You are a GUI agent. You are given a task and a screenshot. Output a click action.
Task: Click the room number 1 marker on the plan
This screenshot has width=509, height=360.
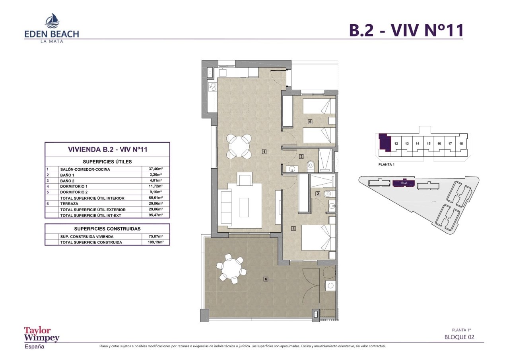[x=264, y=151]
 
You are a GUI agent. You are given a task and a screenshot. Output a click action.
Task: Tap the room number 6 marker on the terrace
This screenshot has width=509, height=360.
[x=266, y=279]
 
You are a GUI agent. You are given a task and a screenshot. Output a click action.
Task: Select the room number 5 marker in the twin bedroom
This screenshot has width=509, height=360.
[x=309, y=122]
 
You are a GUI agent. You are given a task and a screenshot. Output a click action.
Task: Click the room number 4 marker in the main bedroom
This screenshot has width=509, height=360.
[x=293, y=228]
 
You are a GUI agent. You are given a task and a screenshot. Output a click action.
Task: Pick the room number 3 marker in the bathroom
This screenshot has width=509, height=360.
[x=301, y=156]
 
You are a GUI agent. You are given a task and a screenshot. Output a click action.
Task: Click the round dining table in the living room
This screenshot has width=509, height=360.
[x=239, y=146]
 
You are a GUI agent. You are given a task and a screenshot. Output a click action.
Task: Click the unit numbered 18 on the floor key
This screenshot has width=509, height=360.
[x=460, y=144]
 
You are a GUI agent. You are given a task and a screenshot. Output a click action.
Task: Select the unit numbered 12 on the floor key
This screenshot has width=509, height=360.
[x=396, y=144]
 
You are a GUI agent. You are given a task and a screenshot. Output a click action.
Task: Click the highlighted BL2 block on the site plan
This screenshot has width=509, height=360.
[x=404, y=183]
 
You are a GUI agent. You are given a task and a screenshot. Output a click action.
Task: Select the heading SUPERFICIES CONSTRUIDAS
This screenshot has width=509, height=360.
[x=107, y=229]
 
